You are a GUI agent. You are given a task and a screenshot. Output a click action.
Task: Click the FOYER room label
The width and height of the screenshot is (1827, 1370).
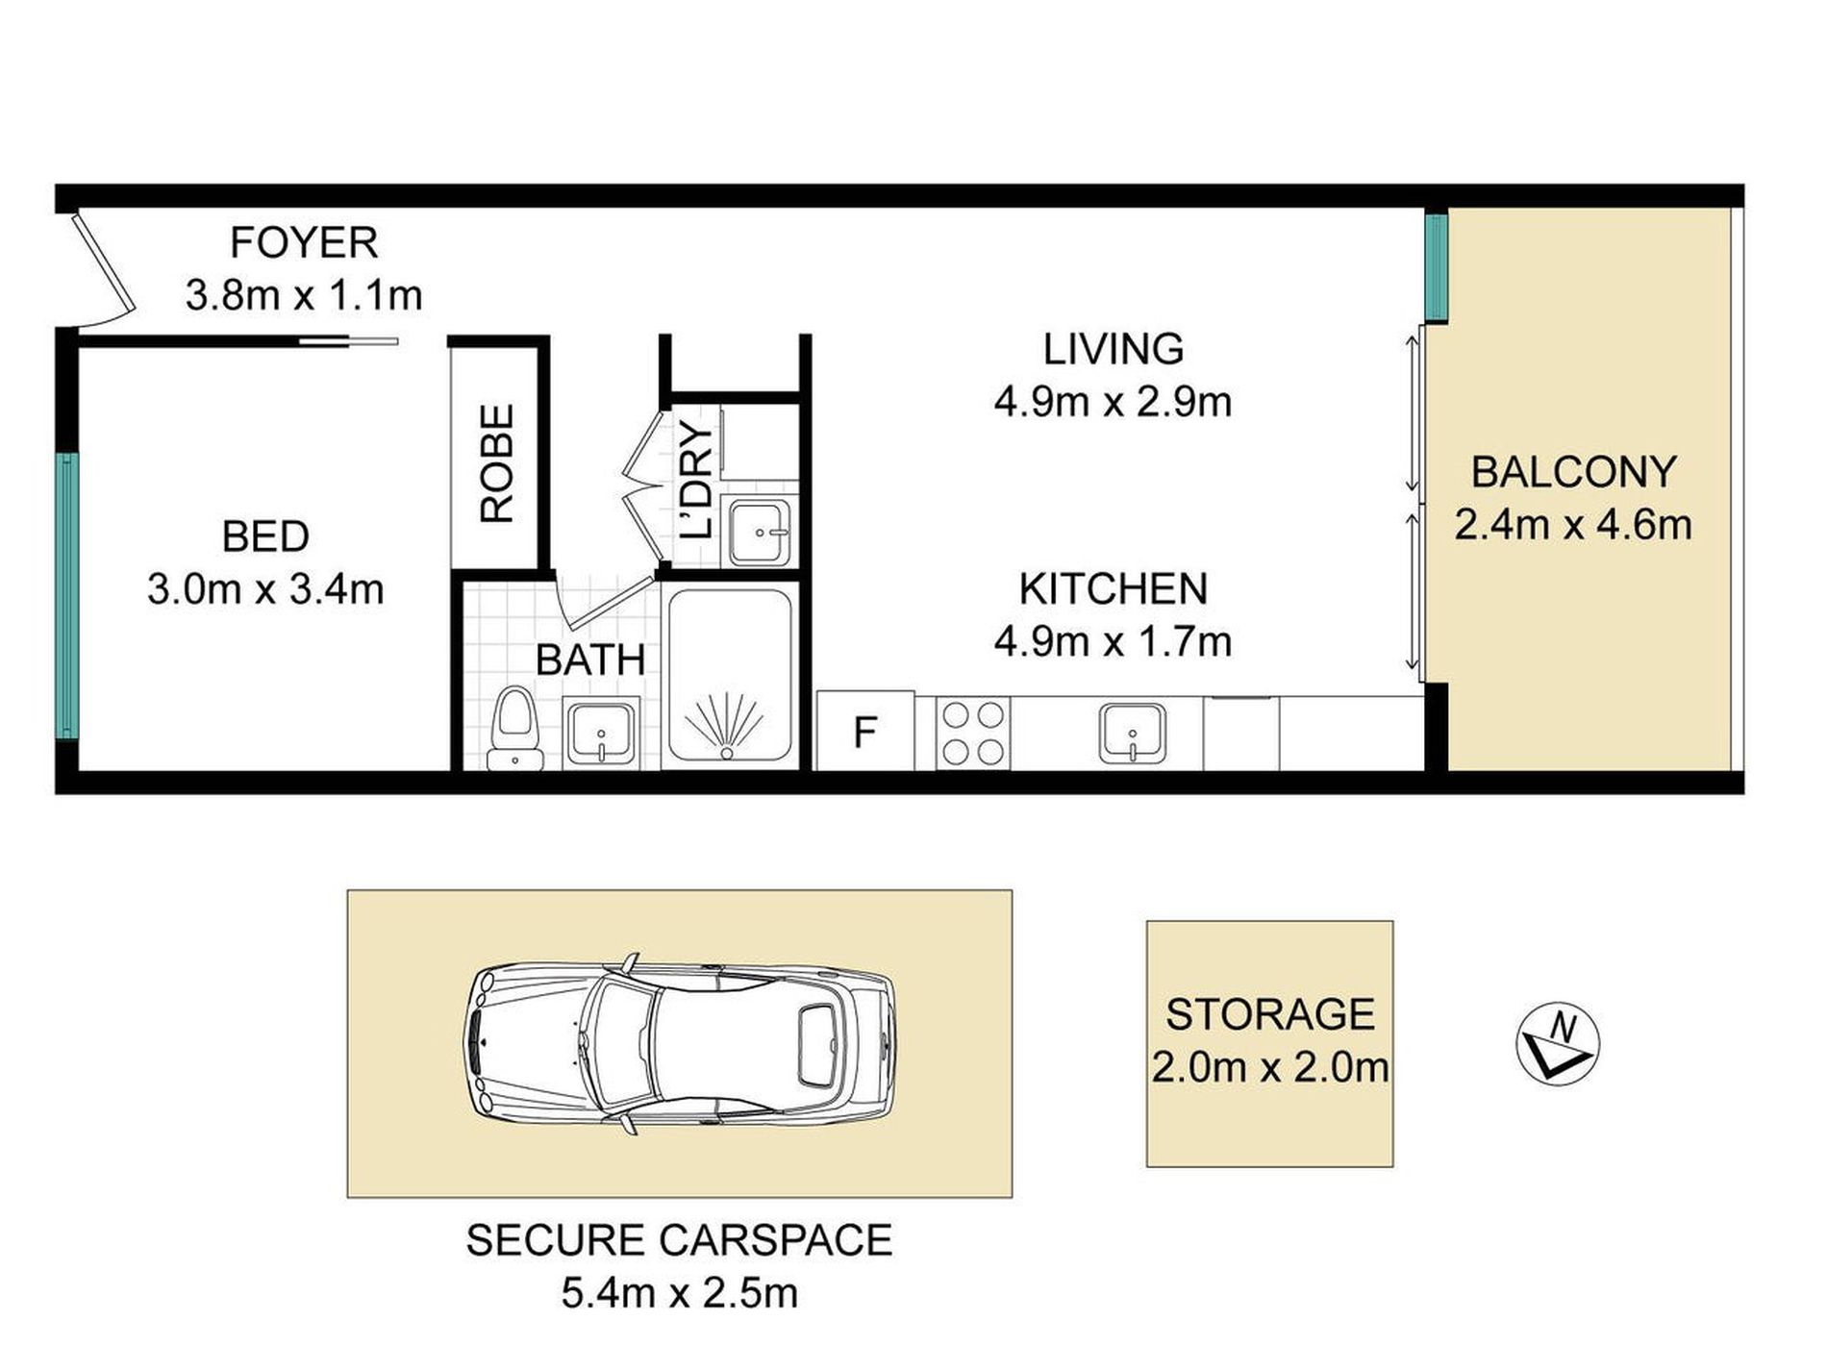point(304,242)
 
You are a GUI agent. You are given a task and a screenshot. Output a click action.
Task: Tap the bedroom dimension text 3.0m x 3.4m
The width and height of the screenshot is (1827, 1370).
point(265,588)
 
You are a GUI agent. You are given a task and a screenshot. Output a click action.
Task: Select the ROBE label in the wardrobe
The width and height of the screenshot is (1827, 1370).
point(497,463)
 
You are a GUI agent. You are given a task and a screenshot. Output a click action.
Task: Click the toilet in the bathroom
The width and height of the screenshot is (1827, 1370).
point(514,729)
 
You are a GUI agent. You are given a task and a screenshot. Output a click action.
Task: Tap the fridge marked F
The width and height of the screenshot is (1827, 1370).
point(865,732)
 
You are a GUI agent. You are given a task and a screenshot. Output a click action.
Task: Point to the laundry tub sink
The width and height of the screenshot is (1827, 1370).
point(760,533)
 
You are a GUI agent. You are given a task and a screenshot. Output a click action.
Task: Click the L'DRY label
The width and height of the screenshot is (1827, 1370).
point(695,481)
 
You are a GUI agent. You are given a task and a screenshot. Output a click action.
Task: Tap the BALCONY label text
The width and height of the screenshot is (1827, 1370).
point(1573,472)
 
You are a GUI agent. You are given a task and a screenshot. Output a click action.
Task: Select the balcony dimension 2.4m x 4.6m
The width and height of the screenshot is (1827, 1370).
point(1573,525)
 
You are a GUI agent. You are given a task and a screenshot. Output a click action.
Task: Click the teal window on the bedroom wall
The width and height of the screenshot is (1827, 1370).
point(66,596)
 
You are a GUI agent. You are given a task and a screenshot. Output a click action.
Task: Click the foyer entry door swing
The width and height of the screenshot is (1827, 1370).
point(101,272)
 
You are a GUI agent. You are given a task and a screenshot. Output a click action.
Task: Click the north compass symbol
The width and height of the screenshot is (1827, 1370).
point(1557,1046)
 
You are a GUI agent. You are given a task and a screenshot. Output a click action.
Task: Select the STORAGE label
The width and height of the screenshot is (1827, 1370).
point(1270,1014)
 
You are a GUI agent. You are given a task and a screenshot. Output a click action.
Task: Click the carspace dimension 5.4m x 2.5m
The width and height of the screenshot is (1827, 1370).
point(680,1293)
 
